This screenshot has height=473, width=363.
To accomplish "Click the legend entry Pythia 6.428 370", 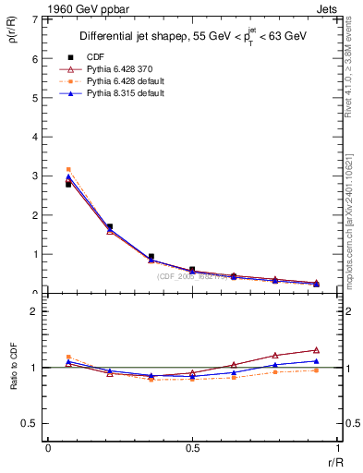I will [115, 68].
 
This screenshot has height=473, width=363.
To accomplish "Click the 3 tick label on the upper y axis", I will [34, 176].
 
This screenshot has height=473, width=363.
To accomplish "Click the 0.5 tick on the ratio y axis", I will [31, 423].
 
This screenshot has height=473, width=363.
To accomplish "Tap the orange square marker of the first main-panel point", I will [68, 169].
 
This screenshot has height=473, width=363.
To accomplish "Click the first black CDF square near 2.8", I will [68, 185].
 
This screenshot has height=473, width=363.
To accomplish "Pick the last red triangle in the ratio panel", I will [316, 350].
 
